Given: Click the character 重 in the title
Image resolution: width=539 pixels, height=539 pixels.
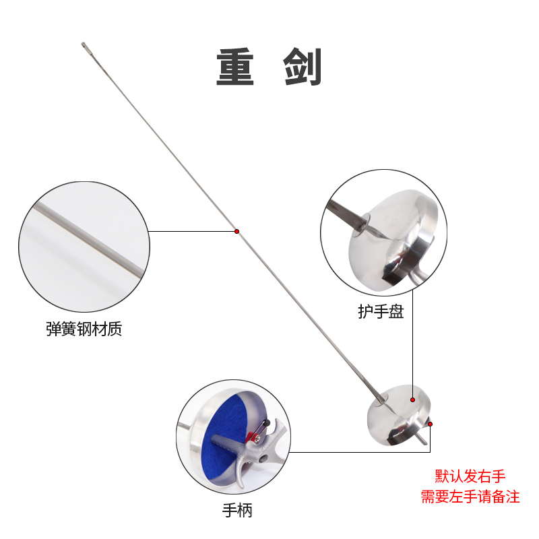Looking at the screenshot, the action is tap(235, 67).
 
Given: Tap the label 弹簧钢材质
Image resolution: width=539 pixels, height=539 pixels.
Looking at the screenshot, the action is tap(84, 330).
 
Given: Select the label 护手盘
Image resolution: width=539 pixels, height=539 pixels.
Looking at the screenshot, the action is tap(381, 312).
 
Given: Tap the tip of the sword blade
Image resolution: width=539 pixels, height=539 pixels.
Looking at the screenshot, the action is tap(85, 46).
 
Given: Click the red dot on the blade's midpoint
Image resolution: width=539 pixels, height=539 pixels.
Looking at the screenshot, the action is tap(237, 231).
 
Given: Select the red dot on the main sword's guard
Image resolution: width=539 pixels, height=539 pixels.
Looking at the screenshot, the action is tap(412, 400).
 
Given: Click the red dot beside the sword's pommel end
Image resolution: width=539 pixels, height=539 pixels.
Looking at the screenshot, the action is tap(430, 424).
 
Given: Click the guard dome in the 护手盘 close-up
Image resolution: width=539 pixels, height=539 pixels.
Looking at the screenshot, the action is tap(391, 236).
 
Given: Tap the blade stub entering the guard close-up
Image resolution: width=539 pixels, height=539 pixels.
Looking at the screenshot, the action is tap(344, 216).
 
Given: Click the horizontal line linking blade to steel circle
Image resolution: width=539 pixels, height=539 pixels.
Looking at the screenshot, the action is tap(192, 231).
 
